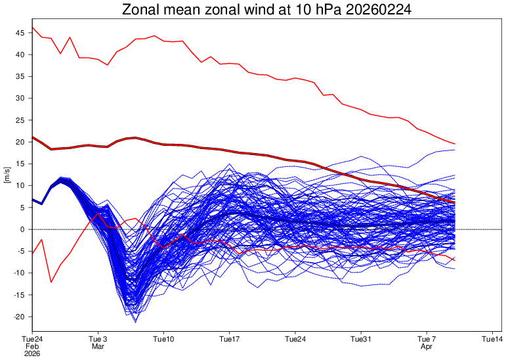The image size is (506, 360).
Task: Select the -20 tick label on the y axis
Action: point(19,317)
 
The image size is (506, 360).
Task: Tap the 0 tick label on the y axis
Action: point(23,229)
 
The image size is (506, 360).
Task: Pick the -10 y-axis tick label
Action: point(19,273)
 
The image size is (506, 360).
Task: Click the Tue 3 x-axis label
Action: point(98,339)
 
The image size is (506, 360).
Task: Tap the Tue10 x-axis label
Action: point(163,339)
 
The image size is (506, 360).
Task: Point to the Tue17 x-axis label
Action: point(229,339)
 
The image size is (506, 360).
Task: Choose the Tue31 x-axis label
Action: point(361,339)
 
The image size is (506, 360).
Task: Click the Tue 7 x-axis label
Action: point(427,339)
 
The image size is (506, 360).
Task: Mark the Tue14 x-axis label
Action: point(493,339)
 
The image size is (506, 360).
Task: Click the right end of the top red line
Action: point(455,144)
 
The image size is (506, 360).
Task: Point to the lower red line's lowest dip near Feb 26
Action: point(51,282)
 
